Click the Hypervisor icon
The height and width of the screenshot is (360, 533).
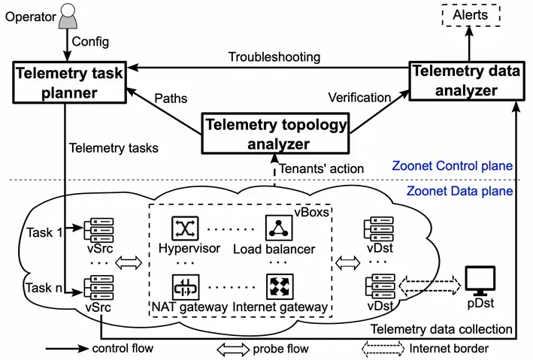tap(183, 228)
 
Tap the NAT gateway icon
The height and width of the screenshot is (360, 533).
tap(183, 286)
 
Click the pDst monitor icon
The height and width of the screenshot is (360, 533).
tap(480, 281)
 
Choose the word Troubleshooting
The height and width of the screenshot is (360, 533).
tap(274, 57)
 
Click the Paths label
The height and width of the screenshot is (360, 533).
tap(170, 98)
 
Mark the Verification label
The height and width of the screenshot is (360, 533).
tap(360, 98)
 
